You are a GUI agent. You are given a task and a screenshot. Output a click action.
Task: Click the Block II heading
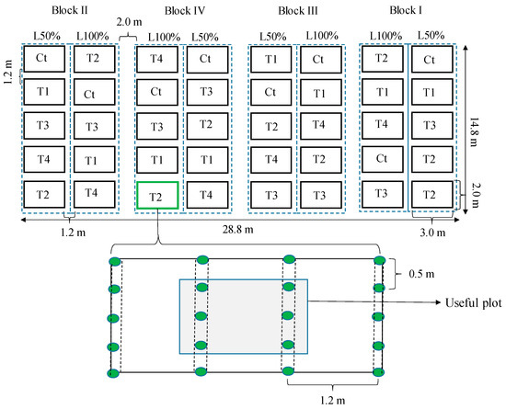[69, 10]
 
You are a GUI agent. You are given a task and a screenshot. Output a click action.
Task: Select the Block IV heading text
[185, 11]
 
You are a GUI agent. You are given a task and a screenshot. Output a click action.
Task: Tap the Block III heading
[298, 11]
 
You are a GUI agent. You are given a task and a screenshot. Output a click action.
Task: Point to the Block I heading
[406, 10]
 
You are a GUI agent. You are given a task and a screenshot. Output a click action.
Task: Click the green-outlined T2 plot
[157, 196]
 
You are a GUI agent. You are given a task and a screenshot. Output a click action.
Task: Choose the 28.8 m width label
[238, 230]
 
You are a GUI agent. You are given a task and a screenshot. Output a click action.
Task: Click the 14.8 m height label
[474, 131]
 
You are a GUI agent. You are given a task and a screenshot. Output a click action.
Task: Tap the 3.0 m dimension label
[432, 233]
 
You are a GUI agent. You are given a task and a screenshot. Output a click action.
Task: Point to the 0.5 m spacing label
[421, 274]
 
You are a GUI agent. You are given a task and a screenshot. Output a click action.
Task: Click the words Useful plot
[474, 302]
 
